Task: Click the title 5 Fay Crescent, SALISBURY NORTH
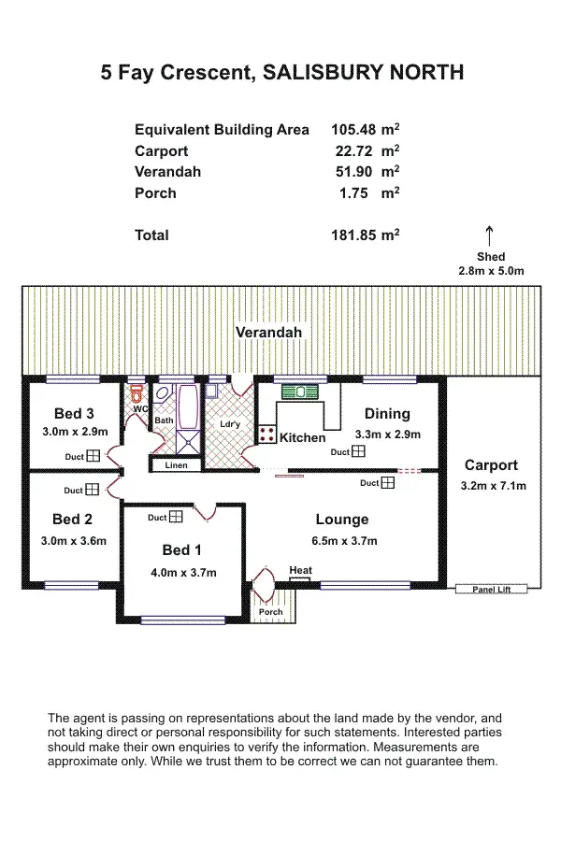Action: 282,73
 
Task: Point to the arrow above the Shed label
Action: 489,235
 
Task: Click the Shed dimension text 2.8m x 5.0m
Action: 491,271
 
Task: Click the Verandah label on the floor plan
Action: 268,333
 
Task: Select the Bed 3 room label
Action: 74,414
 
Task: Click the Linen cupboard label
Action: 176,464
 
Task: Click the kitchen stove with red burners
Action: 266,434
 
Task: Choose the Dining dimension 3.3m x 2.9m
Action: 387,435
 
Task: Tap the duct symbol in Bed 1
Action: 176,517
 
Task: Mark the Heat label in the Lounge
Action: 300,570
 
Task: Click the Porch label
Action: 270,612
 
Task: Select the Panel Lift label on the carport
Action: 492,590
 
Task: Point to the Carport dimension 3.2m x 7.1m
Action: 493,486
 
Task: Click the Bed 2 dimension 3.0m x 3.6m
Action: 74,540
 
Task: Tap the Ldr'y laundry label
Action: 230,423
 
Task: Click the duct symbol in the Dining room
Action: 359,451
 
